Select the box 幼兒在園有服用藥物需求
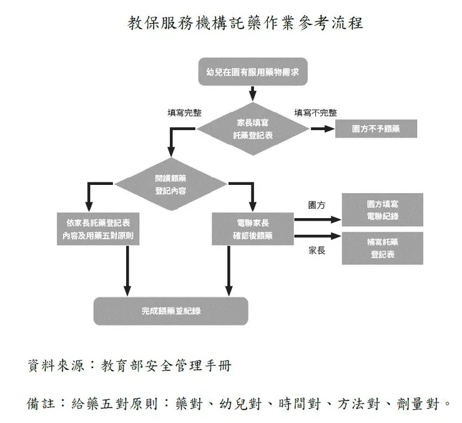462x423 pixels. click(x=252, y=72)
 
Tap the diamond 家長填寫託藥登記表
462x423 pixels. click(x=252, y=129)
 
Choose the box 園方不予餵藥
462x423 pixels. click(x=376, y=129)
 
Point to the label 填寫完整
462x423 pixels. click(x=184, y=112)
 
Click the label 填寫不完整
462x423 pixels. click(x=315, y=112)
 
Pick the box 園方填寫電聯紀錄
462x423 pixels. click(x=382, y=210)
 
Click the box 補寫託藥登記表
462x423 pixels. click(x=382, y=248)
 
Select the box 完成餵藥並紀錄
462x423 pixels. click(x=170, y=311)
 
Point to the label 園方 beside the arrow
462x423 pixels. click(x=317, y=205)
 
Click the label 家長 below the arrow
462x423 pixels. click(x=317, y=251)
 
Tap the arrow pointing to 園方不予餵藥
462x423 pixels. click(x=322, y=129)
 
